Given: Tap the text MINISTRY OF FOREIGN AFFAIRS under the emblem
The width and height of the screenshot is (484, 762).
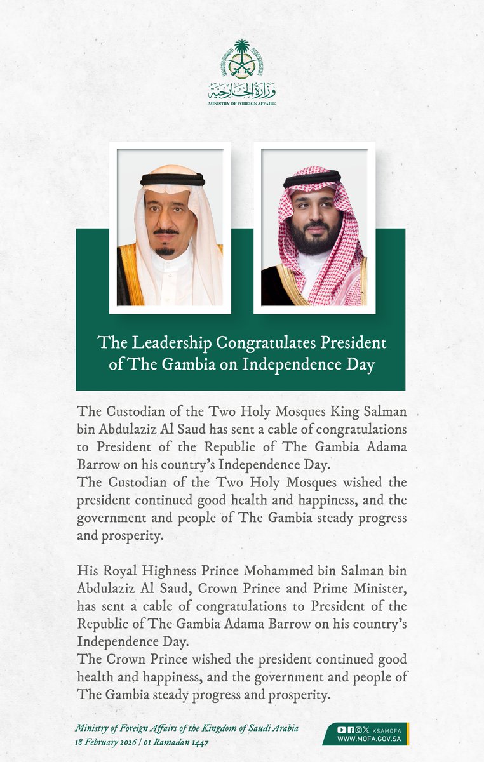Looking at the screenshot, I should tap(242, 102).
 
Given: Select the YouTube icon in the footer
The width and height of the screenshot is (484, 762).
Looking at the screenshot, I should tap(342, 729).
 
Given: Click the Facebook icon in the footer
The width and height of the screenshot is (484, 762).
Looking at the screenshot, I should tap(351, 729).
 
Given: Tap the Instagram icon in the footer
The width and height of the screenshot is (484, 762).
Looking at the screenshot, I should tap(359, 729).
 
